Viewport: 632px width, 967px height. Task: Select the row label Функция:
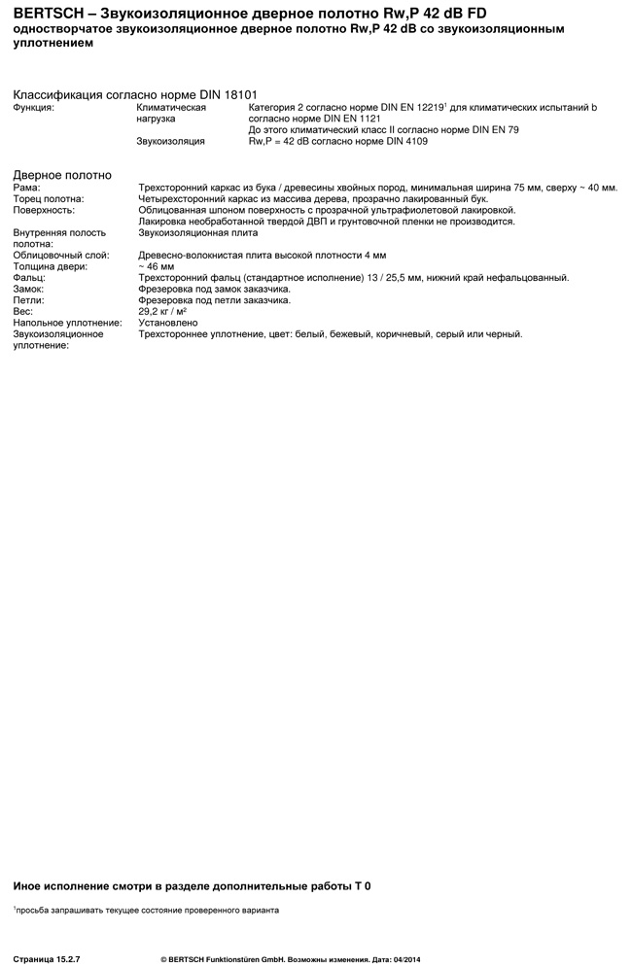34,108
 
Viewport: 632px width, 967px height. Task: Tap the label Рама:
26,187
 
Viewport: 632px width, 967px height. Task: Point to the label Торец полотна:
48,198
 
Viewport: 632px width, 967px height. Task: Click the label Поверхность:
43,210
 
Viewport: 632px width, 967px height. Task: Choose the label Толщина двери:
49,266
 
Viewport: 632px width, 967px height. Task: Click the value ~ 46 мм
157,266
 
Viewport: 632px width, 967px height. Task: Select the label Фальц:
28,278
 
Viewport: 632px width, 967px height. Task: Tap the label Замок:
29,290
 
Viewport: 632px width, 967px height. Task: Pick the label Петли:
29,300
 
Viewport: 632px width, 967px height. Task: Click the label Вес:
22,311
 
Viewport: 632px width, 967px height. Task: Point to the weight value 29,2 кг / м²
163,311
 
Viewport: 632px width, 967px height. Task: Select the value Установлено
168,323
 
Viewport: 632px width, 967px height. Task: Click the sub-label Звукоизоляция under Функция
171,142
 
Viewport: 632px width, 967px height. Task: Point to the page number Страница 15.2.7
47,959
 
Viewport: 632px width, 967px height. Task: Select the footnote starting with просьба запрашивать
147,911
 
